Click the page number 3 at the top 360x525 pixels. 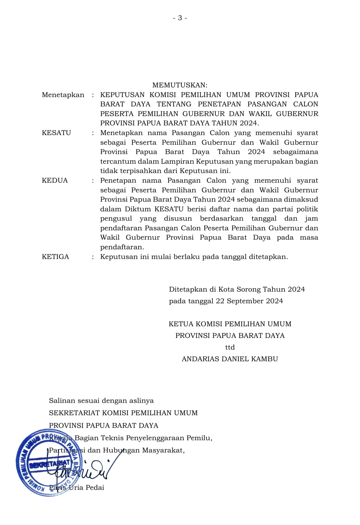pyautogui.click(x=180, y=18)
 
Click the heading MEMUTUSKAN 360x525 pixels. pyautogui.click(x=180, y=85)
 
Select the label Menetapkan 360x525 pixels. pyautogui.click(x=63, y=95)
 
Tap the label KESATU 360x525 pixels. pyautogui.click(x=56, y=133)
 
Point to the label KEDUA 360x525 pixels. pyautogui.click(x=55, y=181)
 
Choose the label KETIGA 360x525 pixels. pyautogui.click(x=55, y=257)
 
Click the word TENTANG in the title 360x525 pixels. pyautogui.click(x=174, y=104)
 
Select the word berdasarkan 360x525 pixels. pyautogui.click(x=222, y=219)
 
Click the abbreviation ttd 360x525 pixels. pyautogui.click(x=230, y=347)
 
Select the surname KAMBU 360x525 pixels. pyautogui.click(x=265, y=359)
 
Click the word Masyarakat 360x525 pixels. pyautogui.click(x=163, y=450)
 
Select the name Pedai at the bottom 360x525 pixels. pyautogui.click(x=95, y=488)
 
